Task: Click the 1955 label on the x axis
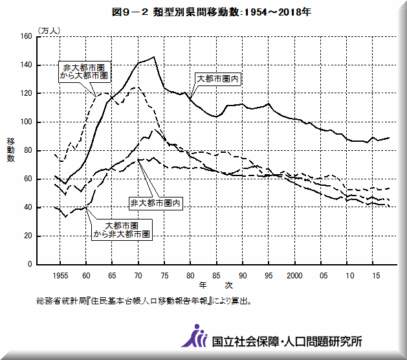[60, 275]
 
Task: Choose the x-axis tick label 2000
[294, 275]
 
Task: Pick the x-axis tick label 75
[164, 275]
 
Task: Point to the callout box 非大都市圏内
[156, 203]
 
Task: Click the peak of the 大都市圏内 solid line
[153, 57]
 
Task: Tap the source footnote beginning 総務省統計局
[145, 301]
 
